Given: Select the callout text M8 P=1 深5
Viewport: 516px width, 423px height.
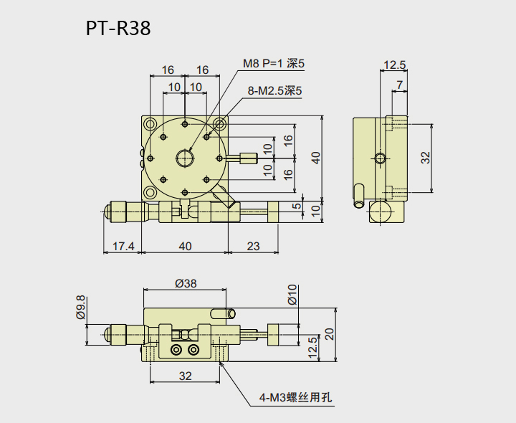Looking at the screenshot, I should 273,64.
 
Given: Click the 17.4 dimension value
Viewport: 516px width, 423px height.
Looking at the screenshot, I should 123,246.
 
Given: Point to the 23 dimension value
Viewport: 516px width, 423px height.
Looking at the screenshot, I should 253,246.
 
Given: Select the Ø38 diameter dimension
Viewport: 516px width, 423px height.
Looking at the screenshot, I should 186,283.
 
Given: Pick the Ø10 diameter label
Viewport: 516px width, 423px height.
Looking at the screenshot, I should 292,295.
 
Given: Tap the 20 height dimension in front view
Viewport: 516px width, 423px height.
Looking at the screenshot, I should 329,334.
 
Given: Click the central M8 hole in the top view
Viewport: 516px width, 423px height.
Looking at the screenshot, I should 186,157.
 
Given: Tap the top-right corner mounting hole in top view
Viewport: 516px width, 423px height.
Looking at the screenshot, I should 219,124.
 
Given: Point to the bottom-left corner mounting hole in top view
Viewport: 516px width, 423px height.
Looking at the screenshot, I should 150,192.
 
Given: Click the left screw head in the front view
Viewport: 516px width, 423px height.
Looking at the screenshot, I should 176,350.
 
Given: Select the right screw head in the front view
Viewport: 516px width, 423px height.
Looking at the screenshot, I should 193,350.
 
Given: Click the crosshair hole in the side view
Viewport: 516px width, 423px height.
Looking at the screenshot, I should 379,158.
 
